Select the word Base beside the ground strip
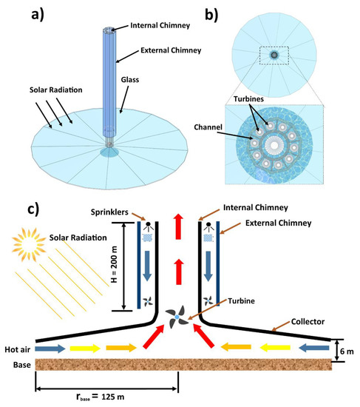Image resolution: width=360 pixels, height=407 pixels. pyautogui.click(x=17, y=364)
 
